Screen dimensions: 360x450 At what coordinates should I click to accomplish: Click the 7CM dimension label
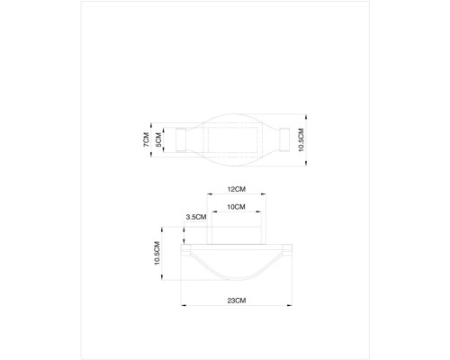coord(147,140)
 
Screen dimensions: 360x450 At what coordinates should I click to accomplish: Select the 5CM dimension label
coord(158,140)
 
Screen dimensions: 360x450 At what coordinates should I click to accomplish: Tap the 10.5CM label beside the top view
coord(301,140)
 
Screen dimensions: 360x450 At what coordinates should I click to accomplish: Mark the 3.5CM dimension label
coord(195,217)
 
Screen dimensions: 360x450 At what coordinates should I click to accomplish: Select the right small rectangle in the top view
coord(284,140)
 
